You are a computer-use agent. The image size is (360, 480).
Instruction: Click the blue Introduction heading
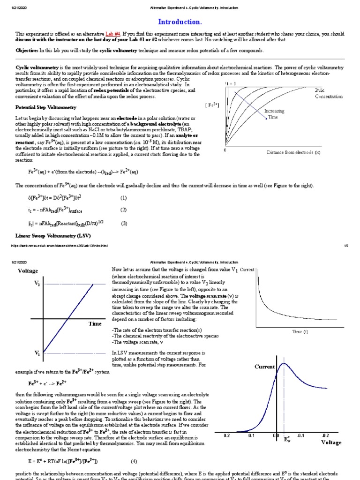pos(180,22)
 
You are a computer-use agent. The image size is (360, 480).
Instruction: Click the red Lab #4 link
pos(112,34)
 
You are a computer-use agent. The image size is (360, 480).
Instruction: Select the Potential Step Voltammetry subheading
pos(46,107)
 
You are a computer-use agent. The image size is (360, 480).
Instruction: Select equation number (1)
pos(123,198)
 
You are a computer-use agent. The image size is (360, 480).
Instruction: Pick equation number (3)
pos(124,223)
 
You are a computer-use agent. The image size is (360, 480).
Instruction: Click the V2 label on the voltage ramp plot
pos(37,284)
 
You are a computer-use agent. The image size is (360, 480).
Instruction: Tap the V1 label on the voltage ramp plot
pos(37,352)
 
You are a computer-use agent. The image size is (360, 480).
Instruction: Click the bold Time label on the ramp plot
pos(95,323)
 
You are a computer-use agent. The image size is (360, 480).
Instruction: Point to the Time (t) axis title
pos(300,331)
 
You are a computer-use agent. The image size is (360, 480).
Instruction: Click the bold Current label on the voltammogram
pos(265,367)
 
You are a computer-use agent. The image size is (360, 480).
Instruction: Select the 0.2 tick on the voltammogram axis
pos(227,435)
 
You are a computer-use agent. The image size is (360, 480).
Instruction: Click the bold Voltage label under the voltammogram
pos(331,442)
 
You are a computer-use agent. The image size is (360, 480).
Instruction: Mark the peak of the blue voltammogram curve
pos(283,363)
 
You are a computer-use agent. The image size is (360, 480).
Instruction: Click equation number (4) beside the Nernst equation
pos(134,461)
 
